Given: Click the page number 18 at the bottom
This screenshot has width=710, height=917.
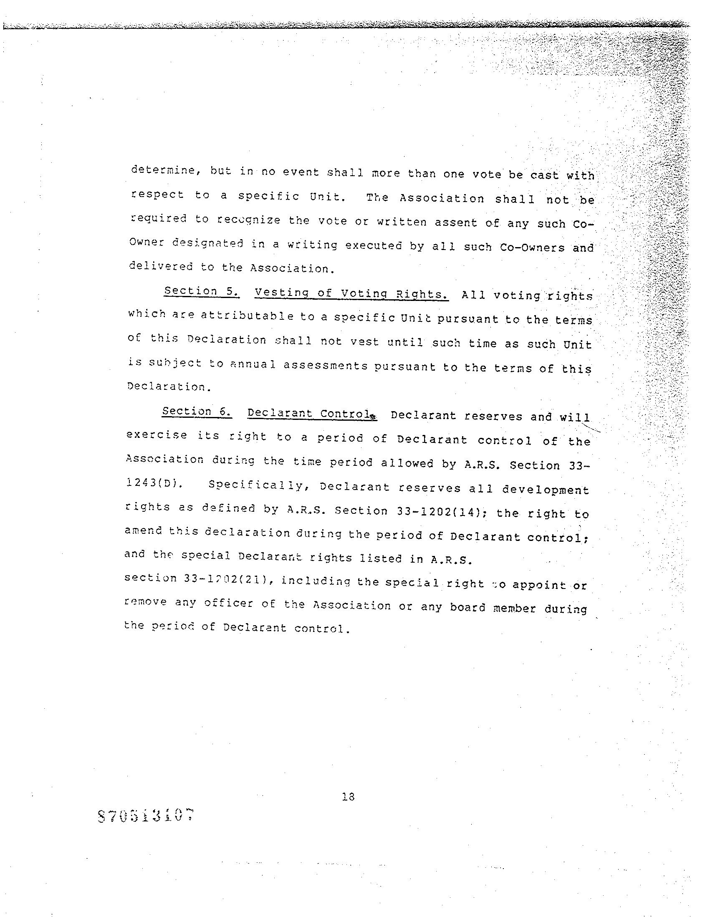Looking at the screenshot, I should tap(349, 796).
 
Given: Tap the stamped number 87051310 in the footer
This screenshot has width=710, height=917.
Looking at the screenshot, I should tap(147, 816).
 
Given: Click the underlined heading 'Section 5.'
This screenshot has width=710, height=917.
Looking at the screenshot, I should tap(202, 291).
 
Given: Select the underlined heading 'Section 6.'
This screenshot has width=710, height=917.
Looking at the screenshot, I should tap(197, 412).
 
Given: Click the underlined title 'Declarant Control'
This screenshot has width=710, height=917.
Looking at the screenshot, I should tap(311, 414).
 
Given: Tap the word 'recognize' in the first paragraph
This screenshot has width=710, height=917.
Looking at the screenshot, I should tap(249, 220).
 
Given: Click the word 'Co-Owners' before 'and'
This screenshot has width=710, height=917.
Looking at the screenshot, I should tap(532, 248).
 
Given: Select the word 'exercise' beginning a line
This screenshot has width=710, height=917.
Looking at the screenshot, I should tap(156, 435).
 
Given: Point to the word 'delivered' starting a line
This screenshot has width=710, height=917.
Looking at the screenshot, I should tap(161, 267).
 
